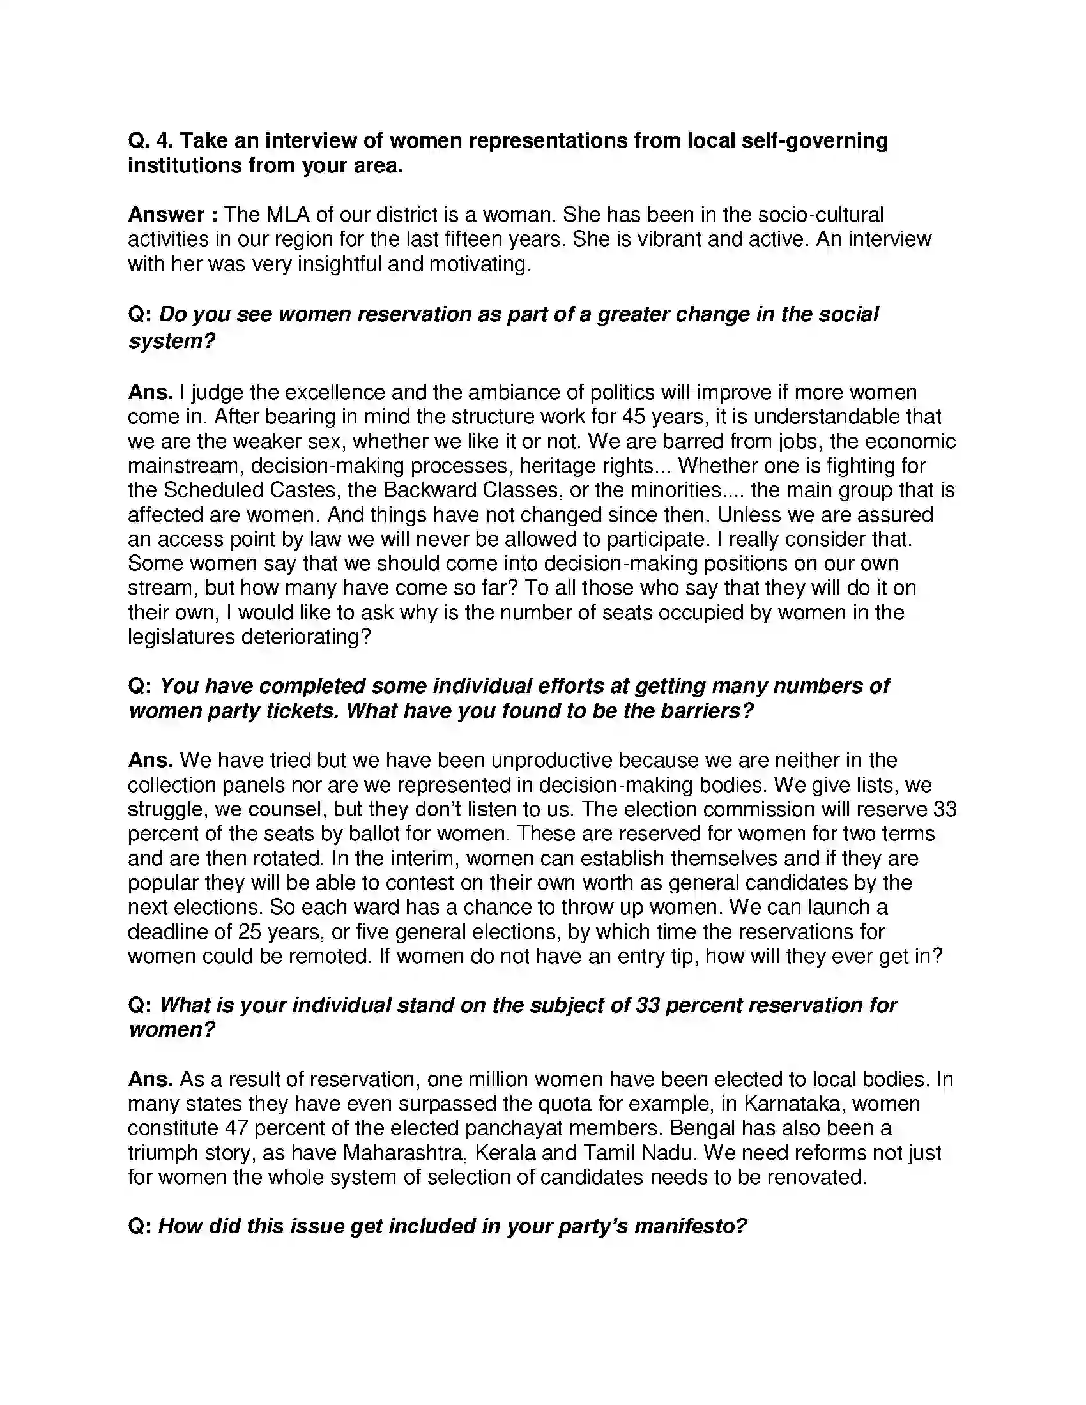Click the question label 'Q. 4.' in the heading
coord(150,140)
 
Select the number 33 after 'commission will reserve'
coord(944,809)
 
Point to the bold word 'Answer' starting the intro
coord(166,214)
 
